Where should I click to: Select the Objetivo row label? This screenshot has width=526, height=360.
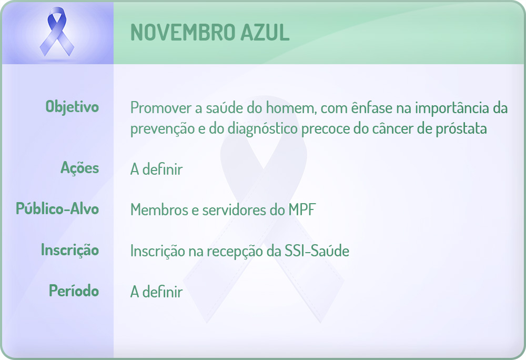[x=72, y=107]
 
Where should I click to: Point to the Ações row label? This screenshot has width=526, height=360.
[x=79, y=168]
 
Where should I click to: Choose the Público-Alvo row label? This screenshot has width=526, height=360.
[x=57, y=209]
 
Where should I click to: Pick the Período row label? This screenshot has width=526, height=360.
[x=74, y=291]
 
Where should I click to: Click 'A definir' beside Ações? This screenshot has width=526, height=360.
[x=156, y=169]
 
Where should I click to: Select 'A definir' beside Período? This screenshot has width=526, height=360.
[x=156, y=292]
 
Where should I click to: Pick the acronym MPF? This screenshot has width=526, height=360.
[x=301, y=210]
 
